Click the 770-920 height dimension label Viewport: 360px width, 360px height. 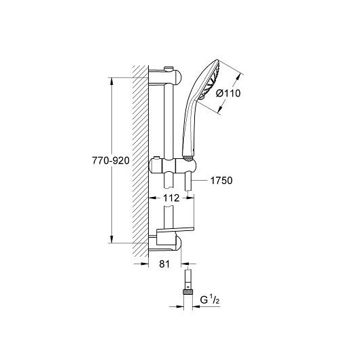[x=111, y=160]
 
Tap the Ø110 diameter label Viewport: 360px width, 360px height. [x=228, y=93]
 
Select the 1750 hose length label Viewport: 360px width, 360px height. [x=221, y=181]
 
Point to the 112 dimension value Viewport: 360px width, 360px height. [x=170, y=198]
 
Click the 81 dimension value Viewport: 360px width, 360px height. [x=164, y=264]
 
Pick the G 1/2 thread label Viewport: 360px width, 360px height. [x=210, y=300]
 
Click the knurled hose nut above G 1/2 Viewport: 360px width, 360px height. [x=187, y=292]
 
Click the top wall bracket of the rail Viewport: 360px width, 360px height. [x=165, y=77]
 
